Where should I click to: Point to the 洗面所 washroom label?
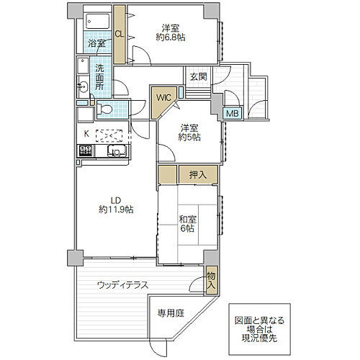point(99,78)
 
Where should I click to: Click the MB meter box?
point(232,113)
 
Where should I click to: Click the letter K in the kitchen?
point(86,133)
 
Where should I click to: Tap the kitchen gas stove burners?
point(85,151)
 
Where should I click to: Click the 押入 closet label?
point(197,175)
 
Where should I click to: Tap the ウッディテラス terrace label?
point(123,285)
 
